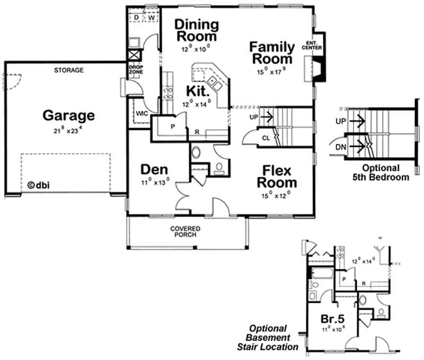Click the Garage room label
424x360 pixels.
pos(68,115)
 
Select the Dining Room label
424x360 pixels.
pos(196,31)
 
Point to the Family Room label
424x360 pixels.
pos(271,52)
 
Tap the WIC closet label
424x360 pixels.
pos(142,113)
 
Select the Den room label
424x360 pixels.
pos(154,170)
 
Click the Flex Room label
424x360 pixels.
pos(276,177)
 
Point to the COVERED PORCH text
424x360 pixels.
pos(184,231)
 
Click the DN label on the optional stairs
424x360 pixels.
pos(342,144)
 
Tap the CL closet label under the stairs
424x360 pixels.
pos(266,138)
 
